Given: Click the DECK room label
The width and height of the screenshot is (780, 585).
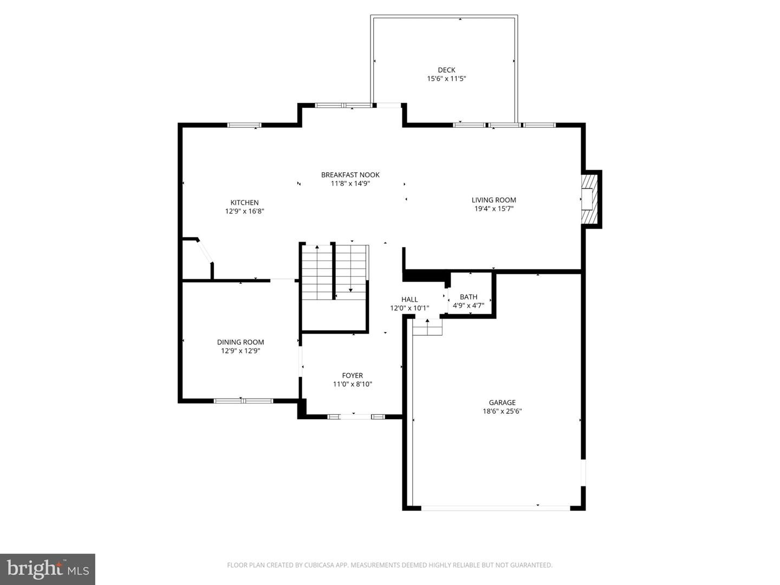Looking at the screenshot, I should tap(446, 70).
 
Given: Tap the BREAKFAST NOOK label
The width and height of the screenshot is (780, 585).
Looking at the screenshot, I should tap(350, 174).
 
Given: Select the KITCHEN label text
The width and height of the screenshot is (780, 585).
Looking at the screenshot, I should tap(244, 203).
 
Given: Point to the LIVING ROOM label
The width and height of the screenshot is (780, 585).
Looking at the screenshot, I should tap(493, 200).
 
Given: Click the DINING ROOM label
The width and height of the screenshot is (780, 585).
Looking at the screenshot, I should tap(240, 342).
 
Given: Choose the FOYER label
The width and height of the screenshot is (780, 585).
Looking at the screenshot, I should tap(352, 375).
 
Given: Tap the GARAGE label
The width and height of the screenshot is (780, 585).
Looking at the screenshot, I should tap(502, 402).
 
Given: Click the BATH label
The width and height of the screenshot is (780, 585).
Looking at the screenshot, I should tap(469, 297).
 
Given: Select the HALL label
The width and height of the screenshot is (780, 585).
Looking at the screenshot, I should tap(409, 300).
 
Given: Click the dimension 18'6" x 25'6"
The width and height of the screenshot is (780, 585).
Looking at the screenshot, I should tap(502, 411).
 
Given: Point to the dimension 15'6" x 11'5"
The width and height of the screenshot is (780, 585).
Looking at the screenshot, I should tap(446, 79).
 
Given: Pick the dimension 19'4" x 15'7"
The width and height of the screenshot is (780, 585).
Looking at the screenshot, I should tap(493, 209).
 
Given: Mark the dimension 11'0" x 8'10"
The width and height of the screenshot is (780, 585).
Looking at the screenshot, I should tap(352, 384).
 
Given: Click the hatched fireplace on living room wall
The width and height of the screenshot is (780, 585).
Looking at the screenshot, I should tap(589, 199).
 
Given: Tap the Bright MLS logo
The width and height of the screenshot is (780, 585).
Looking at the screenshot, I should tap(48, 569).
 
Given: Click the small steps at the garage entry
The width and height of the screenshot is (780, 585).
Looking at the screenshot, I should tap(427, 327).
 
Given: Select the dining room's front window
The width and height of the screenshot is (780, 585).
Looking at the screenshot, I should tap(243, 401).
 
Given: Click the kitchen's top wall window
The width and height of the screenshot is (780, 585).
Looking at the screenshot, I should tap(244, 125).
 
